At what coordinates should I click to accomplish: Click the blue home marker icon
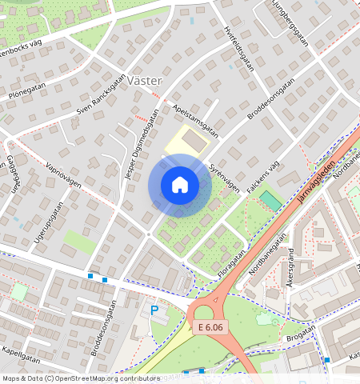click(180, 186)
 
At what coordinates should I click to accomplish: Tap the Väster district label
click(144, 81)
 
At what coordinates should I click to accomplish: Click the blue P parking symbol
click(154, 310)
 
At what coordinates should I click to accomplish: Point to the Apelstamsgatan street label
click(195, 119)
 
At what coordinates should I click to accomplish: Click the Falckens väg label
click(262, 175)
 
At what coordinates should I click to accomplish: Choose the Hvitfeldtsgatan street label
click(238, 48)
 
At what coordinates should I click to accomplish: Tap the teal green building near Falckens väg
click(270, 201)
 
